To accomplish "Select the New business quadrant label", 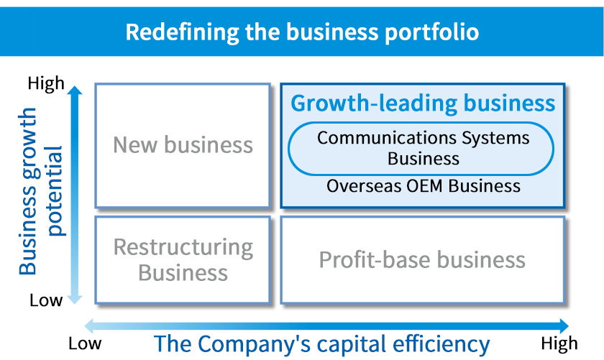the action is coord(183,144).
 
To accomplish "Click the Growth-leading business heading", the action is coord(423,103).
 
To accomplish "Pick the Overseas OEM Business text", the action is coord(424,186).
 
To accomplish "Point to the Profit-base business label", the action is coord(422,259).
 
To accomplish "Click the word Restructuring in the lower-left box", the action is coord(183,248).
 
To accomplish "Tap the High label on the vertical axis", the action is coord(46,83).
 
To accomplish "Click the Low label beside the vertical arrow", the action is coord(46,300).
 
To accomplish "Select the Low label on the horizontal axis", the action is coord(85,343).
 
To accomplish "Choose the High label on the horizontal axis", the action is coord(559,343).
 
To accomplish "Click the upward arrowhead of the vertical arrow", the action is coord(75,90).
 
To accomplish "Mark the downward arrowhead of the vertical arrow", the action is coord(75,300).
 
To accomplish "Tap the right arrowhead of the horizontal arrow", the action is coord(564,326).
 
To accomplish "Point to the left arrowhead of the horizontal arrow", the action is coord(89,326).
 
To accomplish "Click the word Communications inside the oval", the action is coord(387,138).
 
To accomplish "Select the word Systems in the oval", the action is coord(495,139).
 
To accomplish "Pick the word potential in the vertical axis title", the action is coord(54,191).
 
